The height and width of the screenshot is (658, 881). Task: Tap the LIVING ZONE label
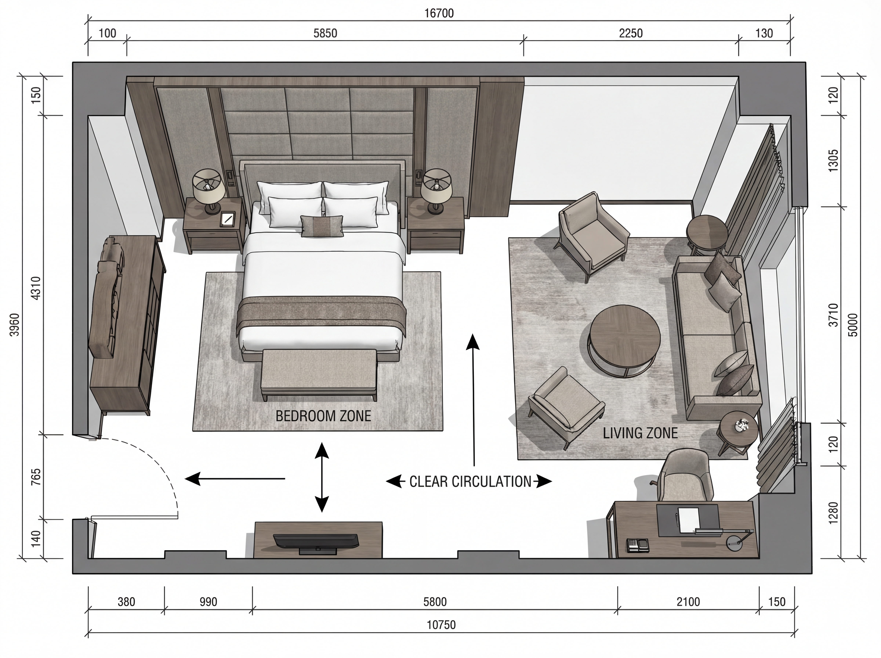pyautogui.click(x=640, y=433)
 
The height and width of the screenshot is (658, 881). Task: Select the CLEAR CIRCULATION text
pyautogui.click(x=470, y=482)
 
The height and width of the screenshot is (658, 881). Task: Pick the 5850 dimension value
pyautogui.click(x=325, y=33)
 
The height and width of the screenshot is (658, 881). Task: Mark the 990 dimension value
pyautogui.click(x=208, y=602)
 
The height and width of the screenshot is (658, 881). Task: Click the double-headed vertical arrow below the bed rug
pyautogui.click(x=322, y=477)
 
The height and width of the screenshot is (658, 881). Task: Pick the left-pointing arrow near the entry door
pyautogui.click(x=235, y=478)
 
